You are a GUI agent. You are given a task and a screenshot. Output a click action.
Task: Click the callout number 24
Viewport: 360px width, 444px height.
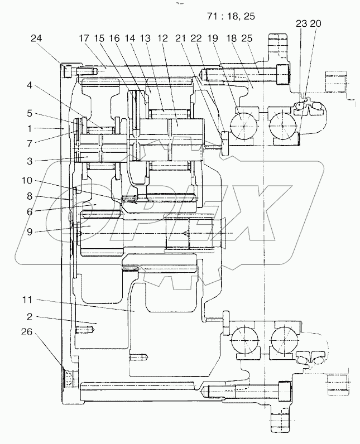pos(36,38)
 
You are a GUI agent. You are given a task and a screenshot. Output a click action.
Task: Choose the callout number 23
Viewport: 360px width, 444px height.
pos(301,23)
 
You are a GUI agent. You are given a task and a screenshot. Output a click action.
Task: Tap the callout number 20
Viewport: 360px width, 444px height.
pos(315,23)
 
